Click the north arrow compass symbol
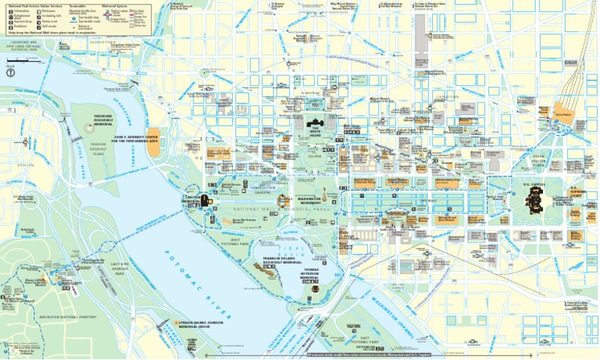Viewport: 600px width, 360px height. pyautogui.click(x=11, y=73)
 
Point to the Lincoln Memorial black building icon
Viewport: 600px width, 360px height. pyautogui.click(x=205, y=201)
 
